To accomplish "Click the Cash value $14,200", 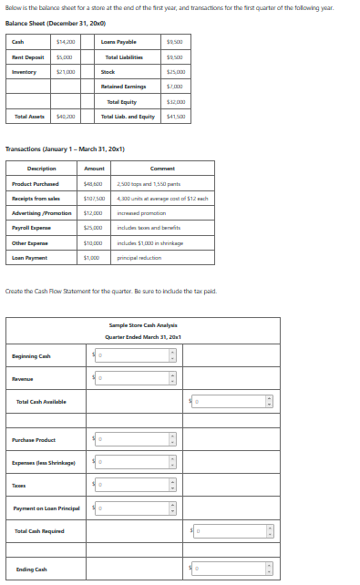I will coord(66,42).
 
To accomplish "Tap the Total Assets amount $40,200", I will coord(66,116).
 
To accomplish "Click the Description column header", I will coord(42,169).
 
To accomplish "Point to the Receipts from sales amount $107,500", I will coord(95,199).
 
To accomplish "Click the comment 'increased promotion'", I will coord(138,213).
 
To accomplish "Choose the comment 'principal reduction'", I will coord(136,259).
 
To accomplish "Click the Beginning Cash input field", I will coord(133,355).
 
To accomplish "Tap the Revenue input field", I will coord(133,377).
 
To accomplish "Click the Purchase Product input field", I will coord(133,439).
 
